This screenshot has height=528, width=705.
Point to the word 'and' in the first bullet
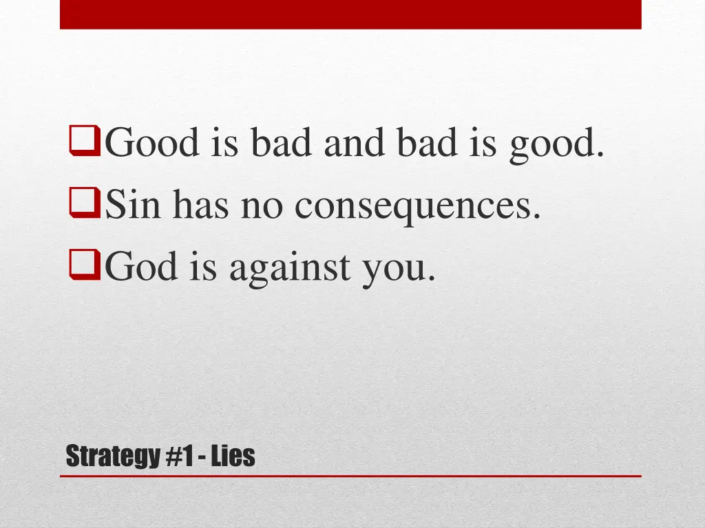[359, 144]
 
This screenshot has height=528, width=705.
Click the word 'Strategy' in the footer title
[112, 456]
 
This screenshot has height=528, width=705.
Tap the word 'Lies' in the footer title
[233, 455]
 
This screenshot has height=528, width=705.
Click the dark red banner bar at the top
[350, 14]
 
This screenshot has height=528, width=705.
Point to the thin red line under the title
[350, 475]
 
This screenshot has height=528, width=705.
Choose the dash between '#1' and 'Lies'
[203, 456]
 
